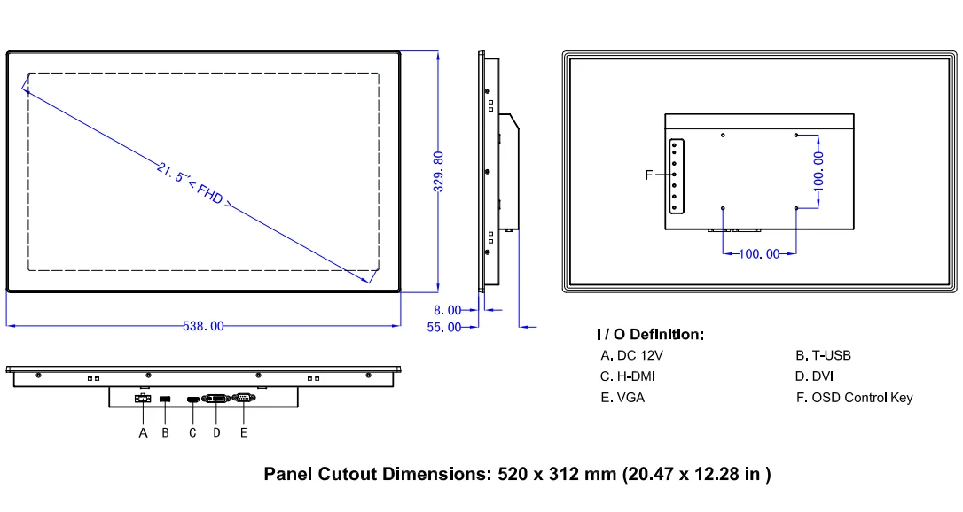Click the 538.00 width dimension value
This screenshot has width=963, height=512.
click(x=203, y=326)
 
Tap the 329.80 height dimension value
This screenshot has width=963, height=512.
click(x=439, y=172)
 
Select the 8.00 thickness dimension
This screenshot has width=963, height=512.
click(x=447, y=310)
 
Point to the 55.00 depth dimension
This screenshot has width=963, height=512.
click(x=444, y=328)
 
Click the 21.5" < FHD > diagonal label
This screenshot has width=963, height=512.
click(x=194, y=185)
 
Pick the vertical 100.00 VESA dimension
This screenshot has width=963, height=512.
click(x=818, y=172)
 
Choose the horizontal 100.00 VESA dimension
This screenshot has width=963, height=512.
click(x=759, y=254)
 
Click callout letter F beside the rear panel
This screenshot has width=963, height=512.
click(x=648, y=175)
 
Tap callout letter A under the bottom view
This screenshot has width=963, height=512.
click(x=143, y=433)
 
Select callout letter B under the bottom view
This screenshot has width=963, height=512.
click(x=165, y=433)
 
